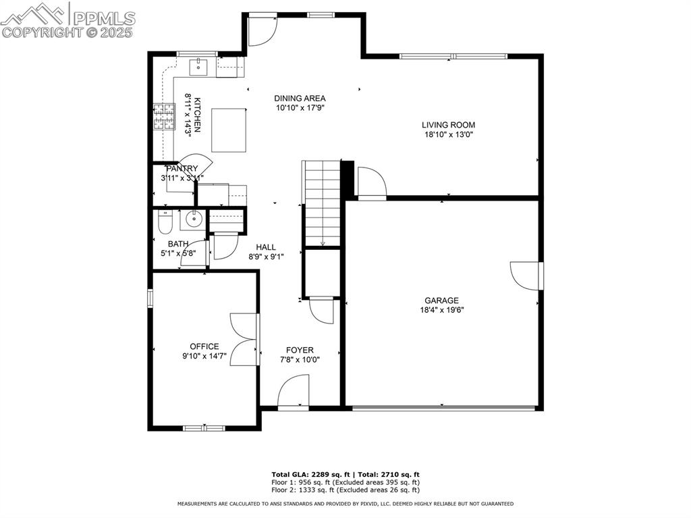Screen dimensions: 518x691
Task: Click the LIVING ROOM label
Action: [448, 125]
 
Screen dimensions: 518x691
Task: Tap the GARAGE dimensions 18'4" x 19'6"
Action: [441, 311]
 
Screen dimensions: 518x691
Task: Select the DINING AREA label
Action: [300, 99]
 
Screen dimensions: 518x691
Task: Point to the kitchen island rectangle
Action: [228, 130]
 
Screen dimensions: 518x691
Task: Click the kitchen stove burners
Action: [164, 116]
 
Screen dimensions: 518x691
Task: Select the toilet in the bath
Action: [165, 221]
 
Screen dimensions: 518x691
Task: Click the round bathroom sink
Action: [194, 219]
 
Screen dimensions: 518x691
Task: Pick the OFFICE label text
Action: [204, 346]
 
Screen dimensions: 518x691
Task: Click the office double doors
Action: [244, 340]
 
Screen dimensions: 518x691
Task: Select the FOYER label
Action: [300, 350]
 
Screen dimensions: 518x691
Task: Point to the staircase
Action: [322, 203]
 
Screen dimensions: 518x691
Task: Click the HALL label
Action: [266, 247]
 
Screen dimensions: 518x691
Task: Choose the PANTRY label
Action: [182, 169]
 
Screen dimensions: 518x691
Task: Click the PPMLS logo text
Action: [103, 18]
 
